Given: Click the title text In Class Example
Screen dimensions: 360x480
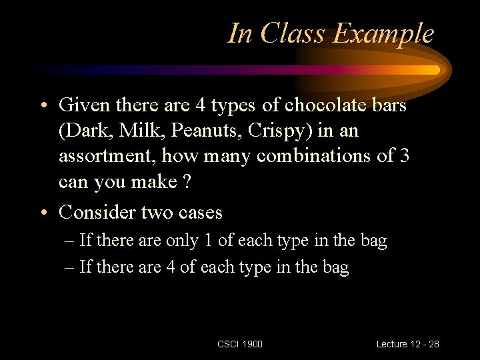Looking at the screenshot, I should (331, 33).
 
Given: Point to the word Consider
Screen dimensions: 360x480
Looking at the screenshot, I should (97, 212).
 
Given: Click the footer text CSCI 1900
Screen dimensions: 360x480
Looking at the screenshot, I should (240, 344).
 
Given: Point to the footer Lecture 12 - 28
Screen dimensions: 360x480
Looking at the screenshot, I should (407, 344).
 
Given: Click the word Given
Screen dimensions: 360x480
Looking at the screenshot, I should (85, 105).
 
